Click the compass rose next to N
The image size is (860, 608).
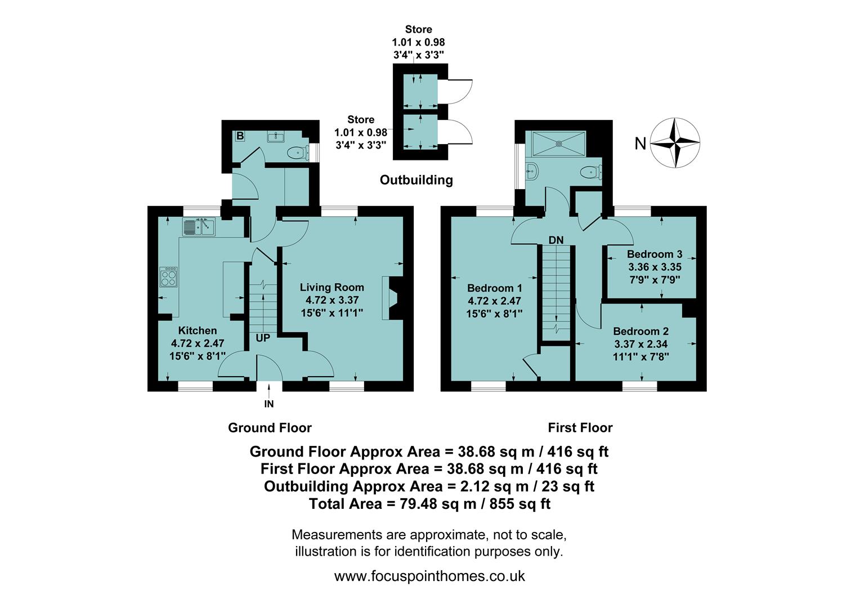[675, 143]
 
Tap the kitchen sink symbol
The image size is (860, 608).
[199, 227]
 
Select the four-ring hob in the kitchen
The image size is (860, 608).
[168, 276]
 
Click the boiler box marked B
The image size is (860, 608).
[240, 136]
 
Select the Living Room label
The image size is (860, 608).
[332, 287]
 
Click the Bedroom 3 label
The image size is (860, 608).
[655, 254]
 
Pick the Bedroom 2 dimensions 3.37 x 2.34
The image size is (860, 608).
[641, 344]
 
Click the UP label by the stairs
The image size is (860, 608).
[263, 338]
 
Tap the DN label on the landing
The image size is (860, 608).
[556, 240]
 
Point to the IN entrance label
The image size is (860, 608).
[269, 404]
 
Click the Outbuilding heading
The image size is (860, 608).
[416, 180]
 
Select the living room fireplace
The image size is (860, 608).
[392, 298]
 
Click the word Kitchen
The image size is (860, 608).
[198, 330]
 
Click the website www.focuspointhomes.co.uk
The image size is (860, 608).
[429, 576]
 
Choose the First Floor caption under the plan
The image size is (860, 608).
[580, 428]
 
